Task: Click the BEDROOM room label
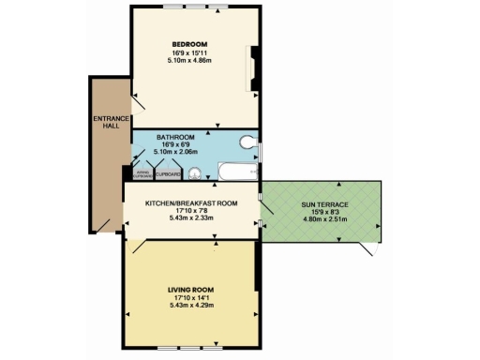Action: [x=188, y=45]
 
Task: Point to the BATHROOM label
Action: [x=175, y=136]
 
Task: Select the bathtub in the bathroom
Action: [x=237, y=172]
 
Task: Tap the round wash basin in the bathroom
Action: [x=195, y=172]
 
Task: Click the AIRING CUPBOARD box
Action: [x=143, y=173]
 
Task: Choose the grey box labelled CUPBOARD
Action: [x=169, y=173]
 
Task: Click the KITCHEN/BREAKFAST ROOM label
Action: [x=190, y=202]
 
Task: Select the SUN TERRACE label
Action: [x=324, y=203]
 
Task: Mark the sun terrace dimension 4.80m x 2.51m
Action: [x=324, y=220]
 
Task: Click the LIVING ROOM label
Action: [x=190, y=290]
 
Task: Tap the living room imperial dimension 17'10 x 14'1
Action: [x=190, y=298]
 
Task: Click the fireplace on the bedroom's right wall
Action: [x=252, y=70]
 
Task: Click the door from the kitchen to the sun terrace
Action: [x=265, y=208]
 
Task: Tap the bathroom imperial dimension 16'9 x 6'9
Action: [x=175, y=144]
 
